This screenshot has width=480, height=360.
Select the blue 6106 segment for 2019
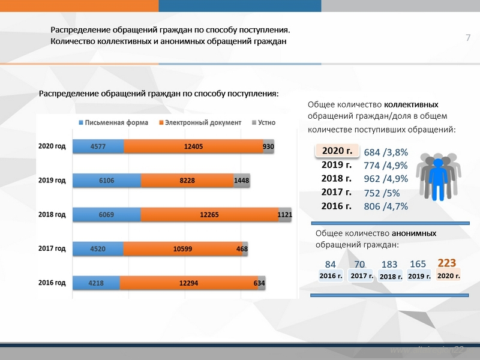click(x=107, y=180)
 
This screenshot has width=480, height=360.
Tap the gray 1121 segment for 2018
click(x=285, y=214)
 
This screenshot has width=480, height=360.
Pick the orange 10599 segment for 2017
click(x=182, y=248)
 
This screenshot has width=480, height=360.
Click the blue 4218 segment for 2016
click(x=96, y=283)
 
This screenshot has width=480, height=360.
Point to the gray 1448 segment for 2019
click(x=242, y=180)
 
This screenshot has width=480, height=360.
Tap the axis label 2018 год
click(x=52, y=214)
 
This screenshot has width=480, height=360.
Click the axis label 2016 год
click(x=52, y=283)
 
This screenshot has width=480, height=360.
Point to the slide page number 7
click(x=468, y=39)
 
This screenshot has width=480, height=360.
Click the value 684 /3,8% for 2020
click(x=386, y=152)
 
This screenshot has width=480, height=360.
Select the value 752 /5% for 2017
click(x=382, y=193)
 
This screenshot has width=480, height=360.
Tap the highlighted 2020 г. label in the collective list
click(x=337, y=151)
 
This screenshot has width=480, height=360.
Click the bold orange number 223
click(x=447, y=263)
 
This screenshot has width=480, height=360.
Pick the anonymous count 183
click(x=389, y=265)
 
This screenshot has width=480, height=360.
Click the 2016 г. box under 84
click(x=331, y=276)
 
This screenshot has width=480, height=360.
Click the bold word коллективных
click(x=411, y=103)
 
